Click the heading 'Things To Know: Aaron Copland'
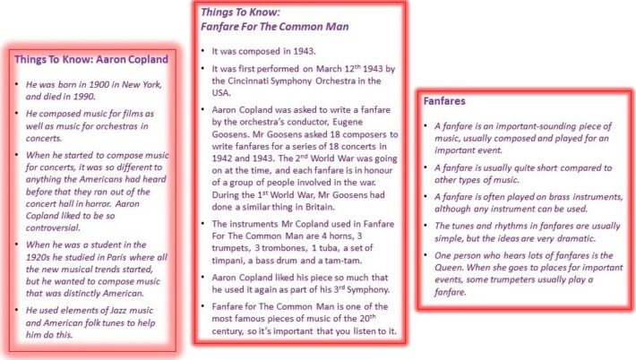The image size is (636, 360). (91, 59)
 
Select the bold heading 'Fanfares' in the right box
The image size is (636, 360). (444, 101)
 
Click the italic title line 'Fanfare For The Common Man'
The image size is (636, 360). (275, 27)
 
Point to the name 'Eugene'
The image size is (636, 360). (348, 122)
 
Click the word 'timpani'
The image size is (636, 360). (227, 261)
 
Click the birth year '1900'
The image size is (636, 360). (99, 84)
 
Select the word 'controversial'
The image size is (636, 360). (53, 227)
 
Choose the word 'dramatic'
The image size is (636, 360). (576, 238)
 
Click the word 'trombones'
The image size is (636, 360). (285, 248)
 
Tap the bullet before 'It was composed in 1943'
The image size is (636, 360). (202, 50)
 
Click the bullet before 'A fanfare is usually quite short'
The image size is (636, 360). (425, 167)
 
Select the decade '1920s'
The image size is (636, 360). (38, 257)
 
